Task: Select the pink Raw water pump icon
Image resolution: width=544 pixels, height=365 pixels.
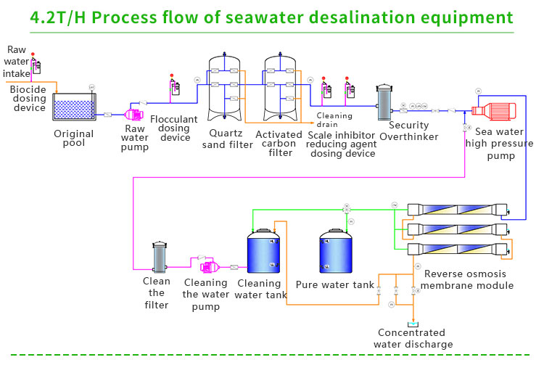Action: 134,114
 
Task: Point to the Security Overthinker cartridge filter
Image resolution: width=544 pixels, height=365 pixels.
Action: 384,103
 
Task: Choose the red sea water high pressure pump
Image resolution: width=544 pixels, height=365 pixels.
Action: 492,111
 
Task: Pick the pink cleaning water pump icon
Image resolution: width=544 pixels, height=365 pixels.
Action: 199,260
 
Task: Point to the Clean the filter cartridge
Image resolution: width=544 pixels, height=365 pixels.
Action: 159,257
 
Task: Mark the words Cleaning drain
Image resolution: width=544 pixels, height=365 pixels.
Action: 334,120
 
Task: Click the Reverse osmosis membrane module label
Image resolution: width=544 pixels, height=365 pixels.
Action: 469,279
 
